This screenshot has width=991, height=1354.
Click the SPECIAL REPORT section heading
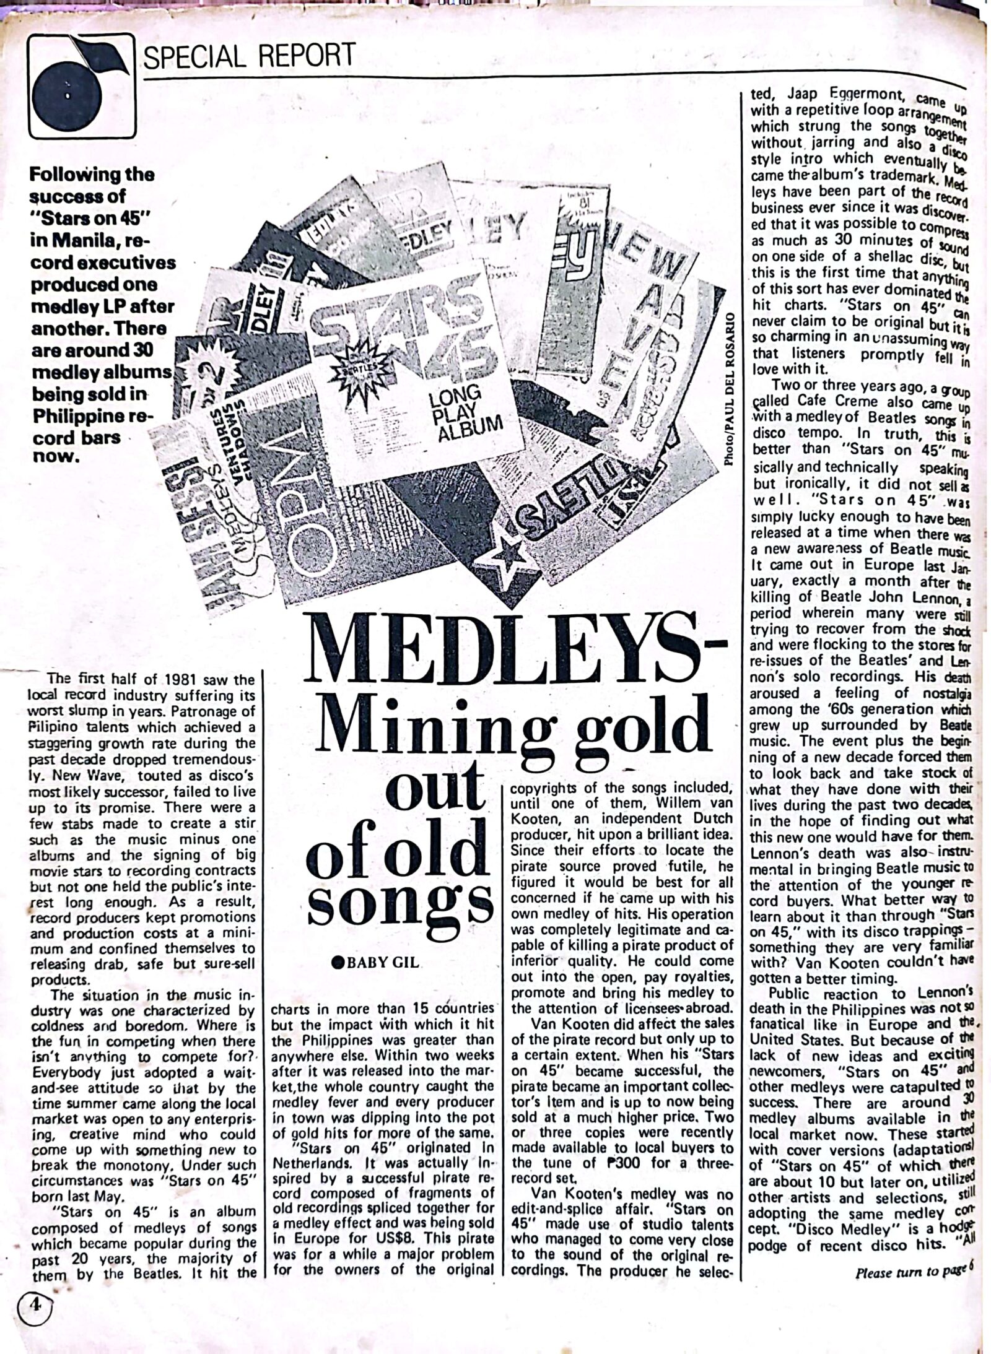pyautogui.click(x=250, y=56)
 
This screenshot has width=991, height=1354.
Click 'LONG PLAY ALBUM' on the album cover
pyautogui.click(x=463, y=414)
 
